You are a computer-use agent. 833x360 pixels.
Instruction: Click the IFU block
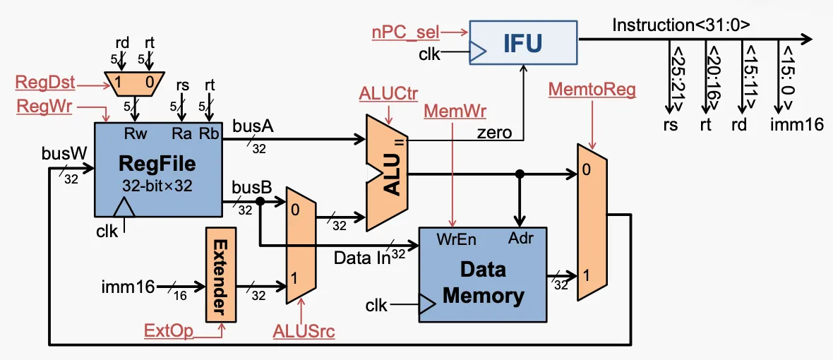523,42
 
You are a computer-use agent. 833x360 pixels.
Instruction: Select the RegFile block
157,167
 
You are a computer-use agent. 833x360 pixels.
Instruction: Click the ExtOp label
168,330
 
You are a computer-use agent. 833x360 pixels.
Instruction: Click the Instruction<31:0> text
681,25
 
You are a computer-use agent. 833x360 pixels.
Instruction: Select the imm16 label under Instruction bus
798,125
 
